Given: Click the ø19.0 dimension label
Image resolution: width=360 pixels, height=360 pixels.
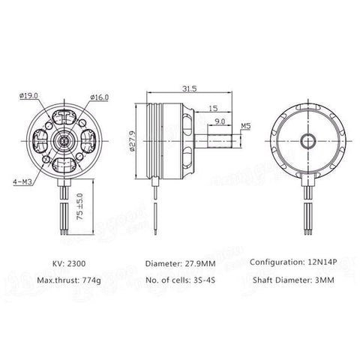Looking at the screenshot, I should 28,96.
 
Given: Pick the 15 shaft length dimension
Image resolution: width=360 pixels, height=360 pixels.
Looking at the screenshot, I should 212,109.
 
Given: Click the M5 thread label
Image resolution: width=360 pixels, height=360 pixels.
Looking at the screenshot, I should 247,127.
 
